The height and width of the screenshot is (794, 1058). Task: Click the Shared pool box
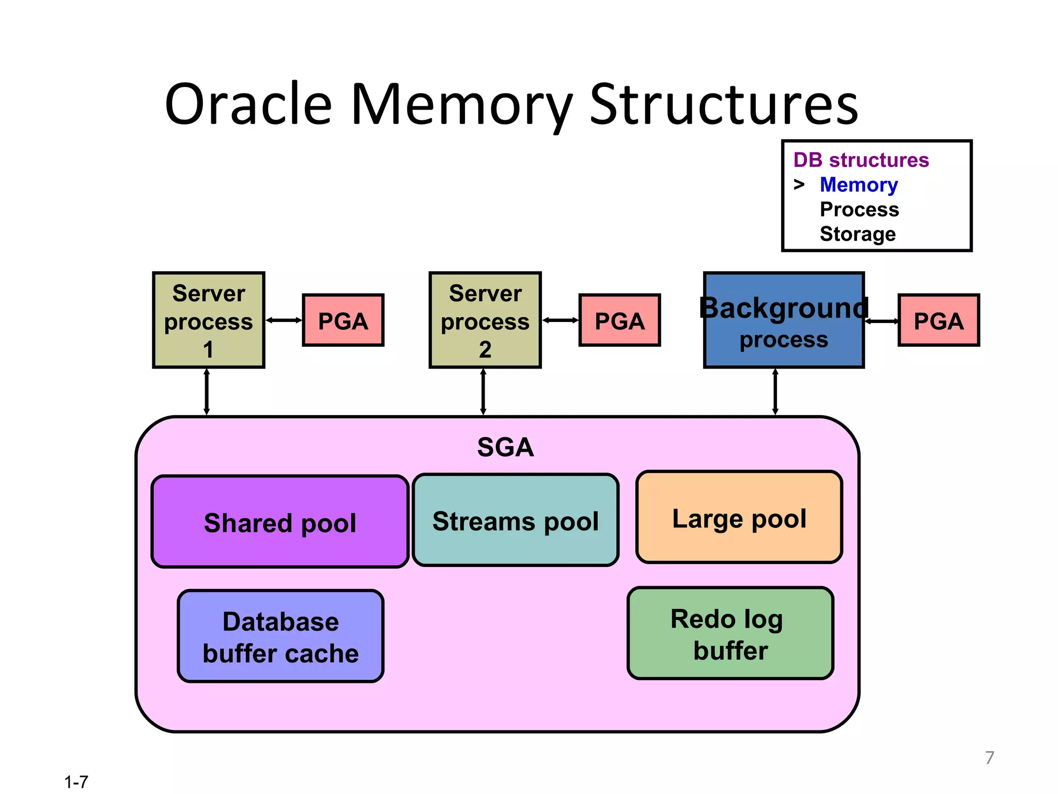pos(280,522)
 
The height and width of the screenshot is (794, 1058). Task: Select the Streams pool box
pos(516,521)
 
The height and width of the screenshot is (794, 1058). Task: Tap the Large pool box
pos(739,517)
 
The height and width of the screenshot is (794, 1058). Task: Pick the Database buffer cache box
pos(281,636)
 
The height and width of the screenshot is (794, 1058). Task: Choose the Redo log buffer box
pos(730,634)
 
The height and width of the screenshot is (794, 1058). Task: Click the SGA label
pos(505,447)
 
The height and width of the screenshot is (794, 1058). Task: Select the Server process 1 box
pos(209,320)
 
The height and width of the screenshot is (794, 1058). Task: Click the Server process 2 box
pos(485,320)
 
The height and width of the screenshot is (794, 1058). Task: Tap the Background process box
pos(783,320)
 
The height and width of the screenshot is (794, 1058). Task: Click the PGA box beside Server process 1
pos(343,320)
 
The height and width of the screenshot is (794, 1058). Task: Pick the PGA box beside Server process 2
pos(619,320)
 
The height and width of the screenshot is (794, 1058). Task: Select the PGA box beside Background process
pos(939,320)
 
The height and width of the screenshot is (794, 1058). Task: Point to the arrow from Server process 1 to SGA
pos(207,392)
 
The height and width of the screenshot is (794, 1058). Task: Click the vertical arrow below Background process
pos(775,392)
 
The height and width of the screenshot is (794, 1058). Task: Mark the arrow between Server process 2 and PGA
pos(560,320)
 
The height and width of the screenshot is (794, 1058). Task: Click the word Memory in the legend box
pos(859,185)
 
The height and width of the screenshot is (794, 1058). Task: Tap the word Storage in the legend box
pos(858,234)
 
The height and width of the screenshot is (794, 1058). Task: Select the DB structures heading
pos(861,160)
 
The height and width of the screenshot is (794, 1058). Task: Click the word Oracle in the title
pos(248,104)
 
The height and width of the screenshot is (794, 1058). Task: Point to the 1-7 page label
pos(76,782)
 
